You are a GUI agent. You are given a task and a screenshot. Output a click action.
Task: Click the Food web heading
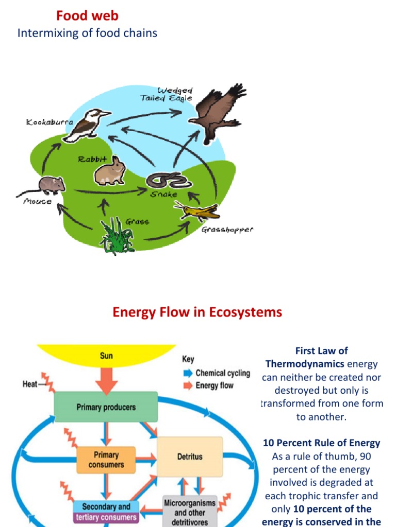[x=87, y=16]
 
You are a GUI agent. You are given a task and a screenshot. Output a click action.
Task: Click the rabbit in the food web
[x=110, y=171]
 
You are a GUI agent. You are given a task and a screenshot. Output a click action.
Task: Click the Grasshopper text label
[x=227, y=230]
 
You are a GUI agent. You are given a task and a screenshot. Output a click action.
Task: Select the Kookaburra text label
[x=49, y=122]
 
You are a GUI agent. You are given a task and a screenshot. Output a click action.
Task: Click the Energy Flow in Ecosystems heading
[x=197, y=312]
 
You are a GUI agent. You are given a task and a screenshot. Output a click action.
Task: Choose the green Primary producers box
[x=106, y=407]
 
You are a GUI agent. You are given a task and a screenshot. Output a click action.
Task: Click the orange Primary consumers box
[x=106, y=460]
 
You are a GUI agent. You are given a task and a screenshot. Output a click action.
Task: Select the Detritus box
[x=190, y=456]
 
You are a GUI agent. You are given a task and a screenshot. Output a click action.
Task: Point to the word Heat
[x=30, y=384]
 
